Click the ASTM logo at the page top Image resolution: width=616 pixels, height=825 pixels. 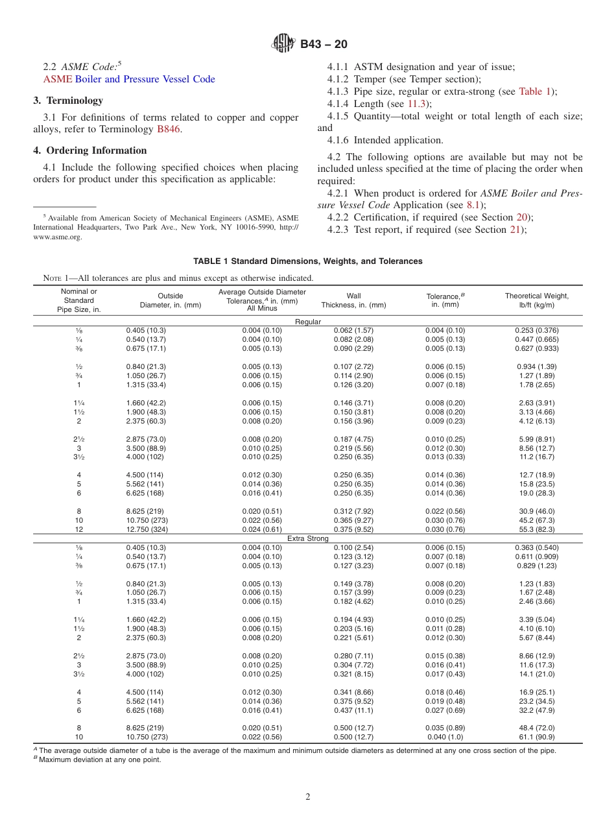283,44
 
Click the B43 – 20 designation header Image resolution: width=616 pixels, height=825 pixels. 324,44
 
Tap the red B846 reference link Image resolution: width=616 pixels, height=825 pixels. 169,129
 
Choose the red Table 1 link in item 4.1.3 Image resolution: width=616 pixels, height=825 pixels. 536,91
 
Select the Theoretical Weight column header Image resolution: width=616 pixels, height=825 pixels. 536,300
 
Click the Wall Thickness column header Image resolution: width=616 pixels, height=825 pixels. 353,300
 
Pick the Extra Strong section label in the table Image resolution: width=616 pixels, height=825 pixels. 307,538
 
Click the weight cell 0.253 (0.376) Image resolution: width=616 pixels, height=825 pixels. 536,330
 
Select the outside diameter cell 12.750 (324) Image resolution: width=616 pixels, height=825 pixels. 146,529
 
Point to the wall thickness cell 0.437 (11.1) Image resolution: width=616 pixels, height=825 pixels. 353,710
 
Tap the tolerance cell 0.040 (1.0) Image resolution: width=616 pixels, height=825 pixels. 445,737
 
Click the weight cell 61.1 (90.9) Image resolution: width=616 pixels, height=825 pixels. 536,737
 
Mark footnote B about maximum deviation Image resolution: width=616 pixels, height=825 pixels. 97,759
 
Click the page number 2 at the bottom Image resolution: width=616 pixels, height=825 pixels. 308,797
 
